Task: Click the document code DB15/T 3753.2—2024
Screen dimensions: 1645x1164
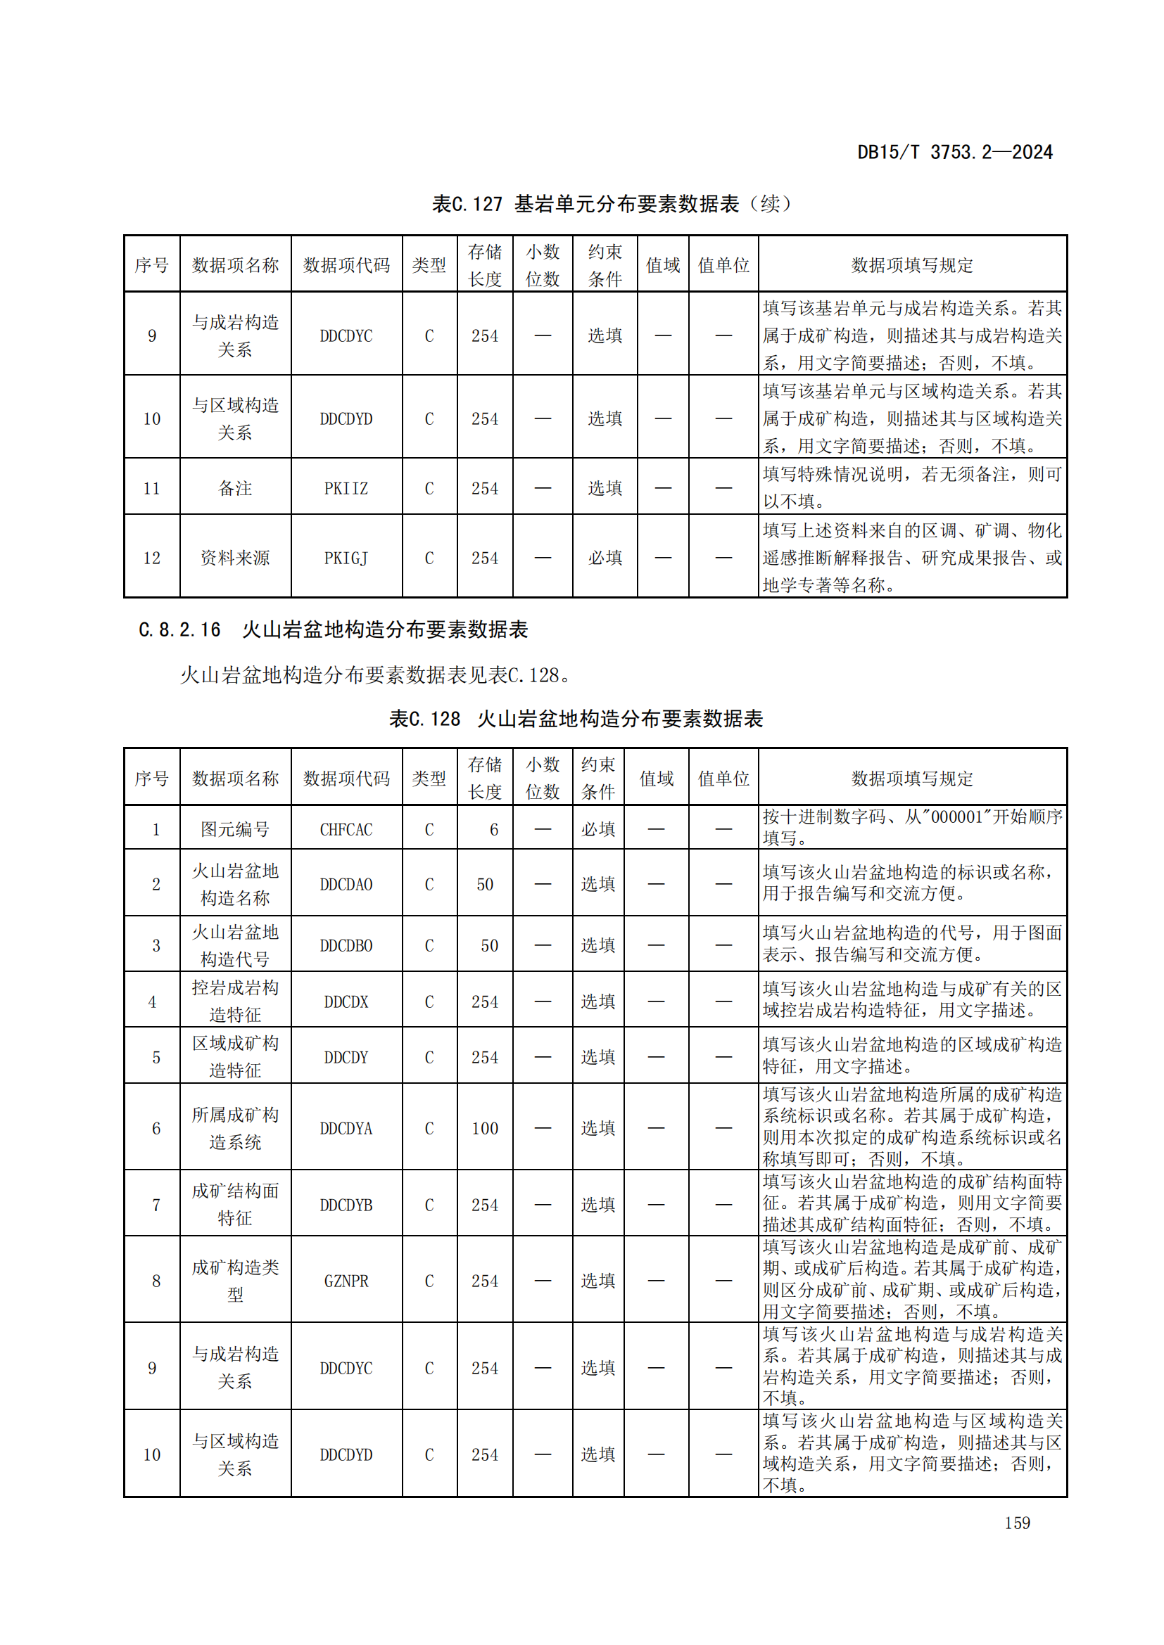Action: pos(954,152)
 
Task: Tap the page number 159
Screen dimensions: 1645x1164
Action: pos(1017,1523)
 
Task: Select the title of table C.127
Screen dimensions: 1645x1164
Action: pos(611,204)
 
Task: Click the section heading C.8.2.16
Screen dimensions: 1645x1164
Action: pos(333,629)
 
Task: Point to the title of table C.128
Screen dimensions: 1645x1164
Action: pos(576,719)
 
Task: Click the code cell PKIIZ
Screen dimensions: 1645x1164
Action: pos(346,489)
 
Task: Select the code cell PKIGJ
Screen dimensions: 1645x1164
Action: pos(346,558)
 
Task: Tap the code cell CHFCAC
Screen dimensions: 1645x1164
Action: pos(346,830)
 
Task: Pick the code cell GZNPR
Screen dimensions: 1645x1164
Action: pos(346,1281)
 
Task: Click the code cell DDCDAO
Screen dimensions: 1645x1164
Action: pos(346,885)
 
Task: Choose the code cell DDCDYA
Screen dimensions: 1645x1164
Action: pos(346,1128)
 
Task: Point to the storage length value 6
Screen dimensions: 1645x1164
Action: pos(493,830)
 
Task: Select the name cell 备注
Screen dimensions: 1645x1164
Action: pos(235,489)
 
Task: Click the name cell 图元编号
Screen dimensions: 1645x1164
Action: pos(235,830)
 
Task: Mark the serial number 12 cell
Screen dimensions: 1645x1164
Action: pos(152,558)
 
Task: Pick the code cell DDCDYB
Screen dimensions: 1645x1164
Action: pos(346,1205)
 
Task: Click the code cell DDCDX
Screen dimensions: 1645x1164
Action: pos(346,1001)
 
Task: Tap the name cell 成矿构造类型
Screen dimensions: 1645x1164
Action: pos(235,1281)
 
